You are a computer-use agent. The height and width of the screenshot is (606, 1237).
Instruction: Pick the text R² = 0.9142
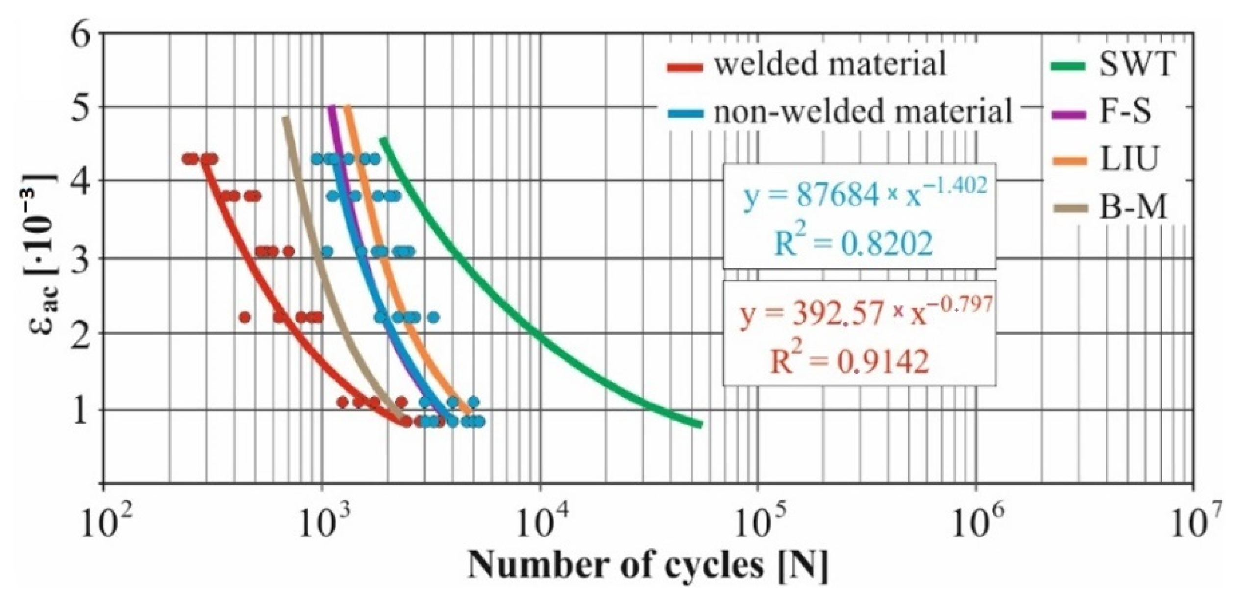849,362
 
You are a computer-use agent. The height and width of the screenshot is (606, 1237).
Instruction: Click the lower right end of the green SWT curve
700,425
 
